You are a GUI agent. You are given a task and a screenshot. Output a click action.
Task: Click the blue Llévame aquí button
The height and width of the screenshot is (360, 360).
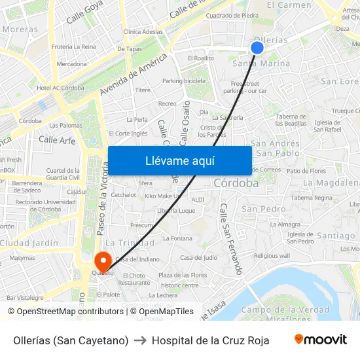[x=179, y=160]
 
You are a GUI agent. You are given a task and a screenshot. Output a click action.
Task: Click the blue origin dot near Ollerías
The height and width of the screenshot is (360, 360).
[x=257, y=47]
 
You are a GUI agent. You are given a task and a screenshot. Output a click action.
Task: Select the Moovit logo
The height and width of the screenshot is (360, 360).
[x=321, y=340]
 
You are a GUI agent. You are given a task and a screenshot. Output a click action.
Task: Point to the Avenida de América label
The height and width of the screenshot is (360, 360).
[x=134, y=73]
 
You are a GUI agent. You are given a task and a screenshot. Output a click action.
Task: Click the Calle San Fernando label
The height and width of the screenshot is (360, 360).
[x=232, y=238]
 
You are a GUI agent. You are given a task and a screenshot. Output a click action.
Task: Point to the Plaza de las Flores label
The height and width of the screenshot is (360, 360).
[x=182, y=275]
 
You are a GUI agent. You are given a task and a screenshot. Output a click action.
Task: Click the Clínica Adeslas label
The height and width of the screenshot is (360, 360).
[x=143, y=31]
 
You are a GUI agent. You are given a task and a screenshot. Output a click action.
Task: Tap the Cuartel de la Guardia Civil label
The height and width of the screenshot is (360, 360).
[x=63, y=173]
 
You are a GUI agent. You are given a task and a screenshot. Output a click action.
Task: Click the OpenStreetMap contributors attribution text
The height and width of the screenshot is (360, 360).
[x=65, y=312]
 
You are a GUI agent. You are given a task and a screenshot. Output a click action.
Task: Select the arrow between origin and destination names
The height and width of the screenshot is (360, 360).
[x=140, y=340]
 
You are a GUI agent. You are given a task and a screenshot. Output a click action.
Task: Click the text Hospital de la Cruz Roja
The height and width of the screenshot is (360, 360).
[x=210, y=340]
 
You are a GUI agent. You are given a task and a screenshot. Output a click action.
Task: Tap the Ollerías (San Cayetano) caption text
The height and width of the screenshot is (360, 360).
[x=71, y=340]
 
